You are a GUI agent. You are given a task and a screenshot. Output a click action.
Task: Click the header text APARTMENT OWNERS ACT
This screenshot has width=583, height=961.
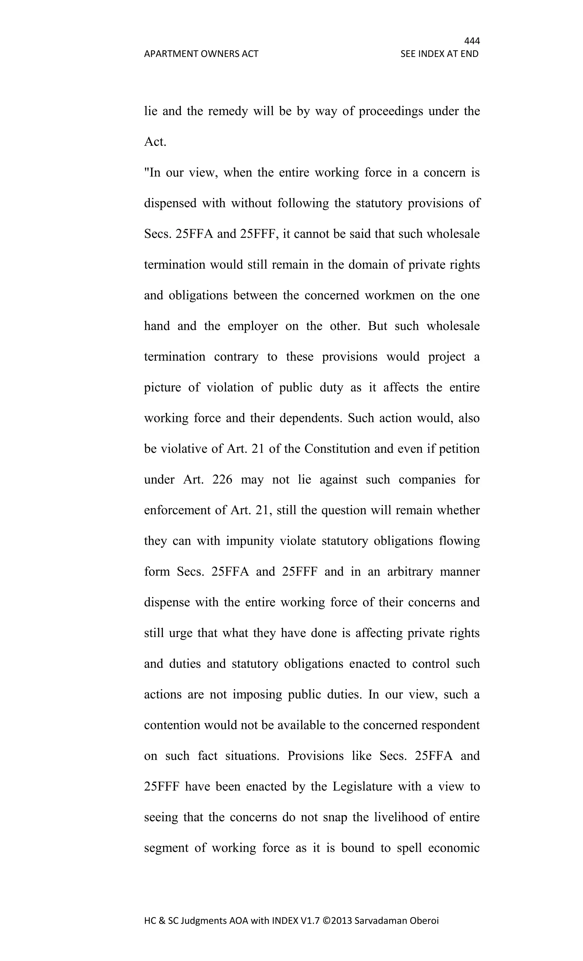point(201,54)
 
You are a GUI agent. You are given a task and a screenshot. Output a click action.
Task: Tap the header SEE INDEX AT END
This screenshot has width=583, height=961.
point(439,54)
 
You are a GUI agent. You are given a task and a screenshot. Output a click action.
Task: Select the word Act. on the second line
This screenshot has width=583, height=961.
point(155,142)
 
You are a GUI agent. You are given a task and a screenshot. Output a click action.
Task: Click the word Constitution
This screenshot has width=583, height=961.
point(337,449)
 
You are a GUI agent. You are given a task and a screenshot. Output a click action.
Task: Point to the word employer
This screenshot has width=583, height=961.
point(253,326)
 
